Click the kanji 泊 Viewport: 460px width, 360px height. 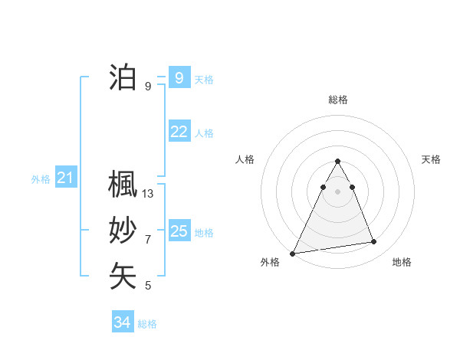(123, 77)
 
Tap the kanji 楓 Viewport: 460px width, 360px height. (123, 185)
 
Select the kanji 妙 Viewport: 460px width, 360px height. (123, 231)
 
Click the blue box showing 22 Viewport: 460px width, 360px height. (179, 132)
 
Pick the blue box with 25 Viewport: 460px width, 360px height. (179, 231)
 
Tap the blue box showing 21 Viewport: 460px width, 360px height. (66, 178)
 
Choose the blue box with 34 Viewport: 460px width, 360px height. (122, 322)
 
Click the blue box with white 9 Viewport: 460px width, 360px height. (179, 77)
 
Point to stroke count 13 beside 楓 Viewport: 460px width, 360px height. (148, 194)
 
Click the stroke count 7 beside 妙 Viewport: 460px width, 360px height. (148, 240)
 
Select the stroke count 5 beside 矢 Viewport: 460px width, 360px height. (148, 286)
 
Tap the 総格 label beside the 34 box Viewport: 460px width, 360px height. (147, 324)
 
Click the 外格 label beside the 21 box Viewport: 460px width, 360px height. (41, 179)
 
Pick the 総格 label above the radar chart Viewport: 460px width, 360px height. (338, 100)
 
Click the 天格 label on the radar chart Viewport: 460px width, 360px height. (431, 159)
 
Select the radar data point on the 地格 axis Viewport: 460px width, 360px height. (374, 242)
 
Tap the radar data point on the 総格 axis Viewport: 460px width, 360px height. (338, 161)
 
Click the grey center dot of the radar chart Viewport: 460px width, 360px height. (338, 191)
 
